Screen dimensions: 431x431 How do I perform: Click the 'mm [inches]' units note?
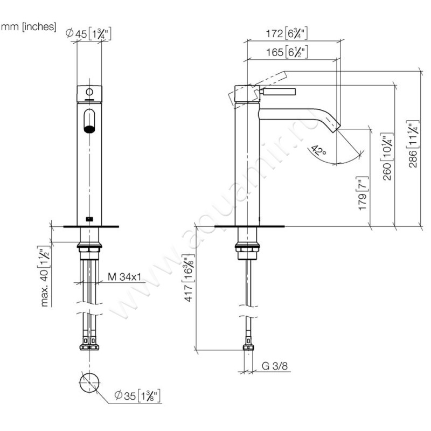coord(29,26)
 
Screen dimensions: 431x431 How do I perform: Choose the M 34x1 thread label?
coord(124,277)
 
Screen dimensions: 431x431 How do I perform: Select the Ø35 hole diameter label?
coord(137,398)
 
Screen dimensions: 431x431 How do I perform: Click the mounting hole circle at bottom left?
coord(89,383)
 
